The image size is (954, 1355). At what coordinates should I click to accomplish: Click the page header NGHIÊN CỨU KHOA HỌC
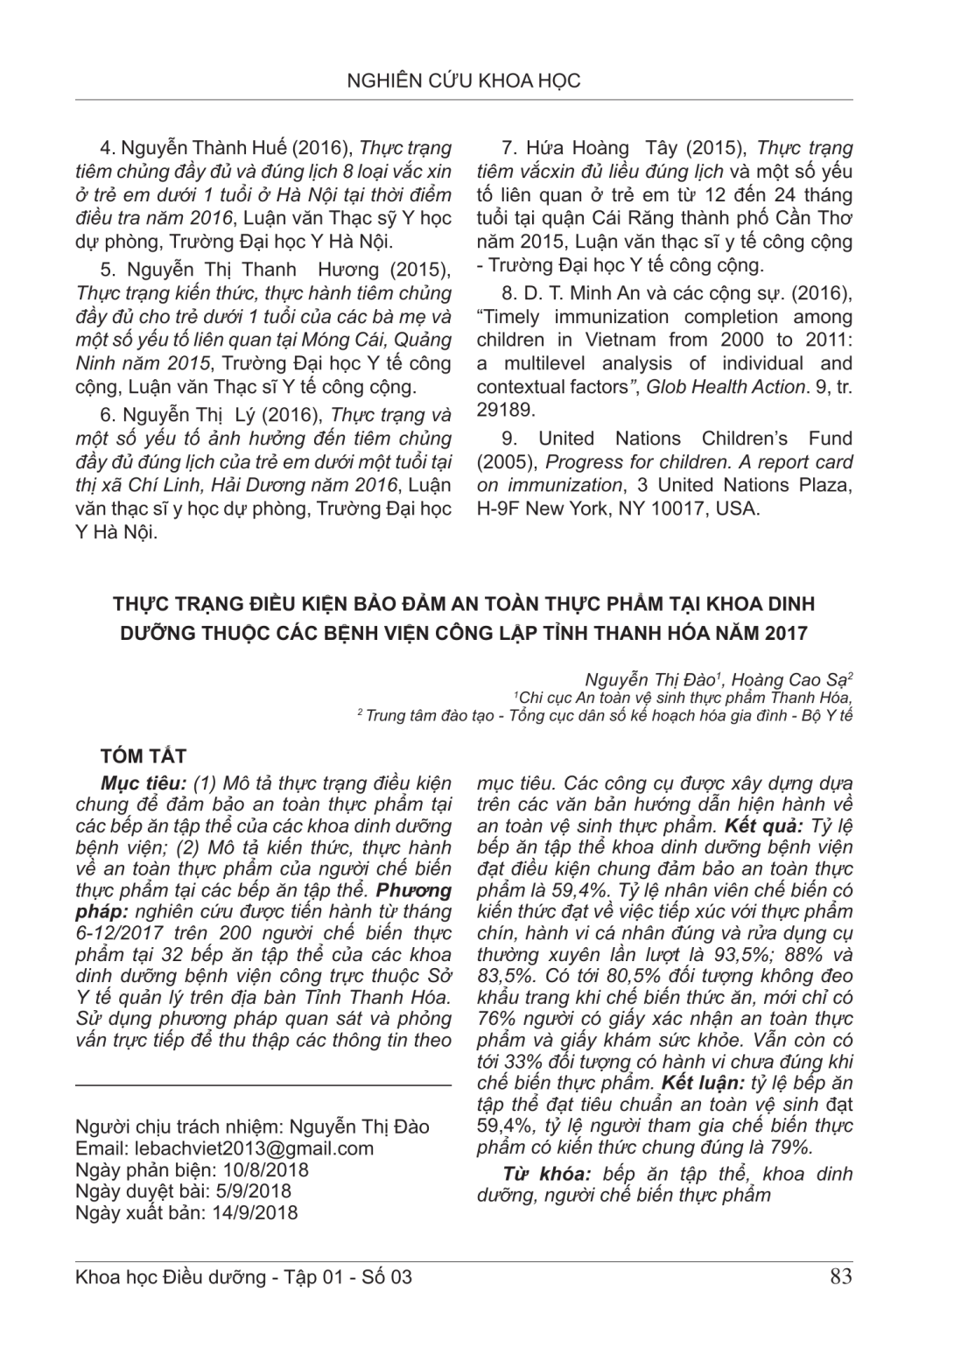tap(464, 81)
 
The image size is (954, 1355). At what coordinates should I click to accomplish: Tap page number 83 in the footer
tap(840, 1277)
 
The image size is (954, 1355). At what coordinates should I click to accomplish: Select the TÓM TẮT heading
tap(144, 755)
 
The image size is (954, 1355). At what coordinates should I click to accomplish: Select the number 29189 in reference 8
tap(505, 408)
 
